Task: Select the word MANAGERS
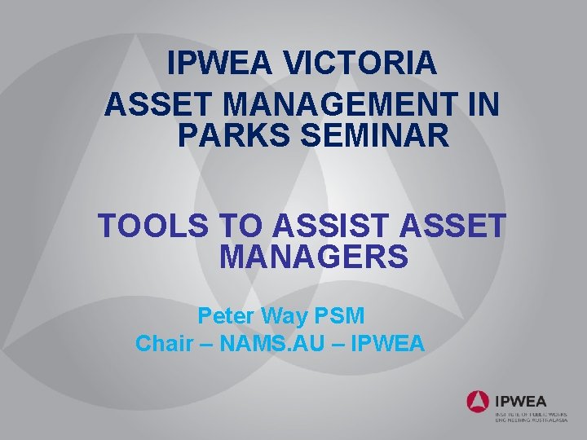pyautogui.click(x=314, y=257)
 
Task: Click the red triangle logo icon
pyautogui.click(x=478, y=401)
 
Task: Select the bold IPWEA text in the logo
pyautogui.click(x=522, y=400)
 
